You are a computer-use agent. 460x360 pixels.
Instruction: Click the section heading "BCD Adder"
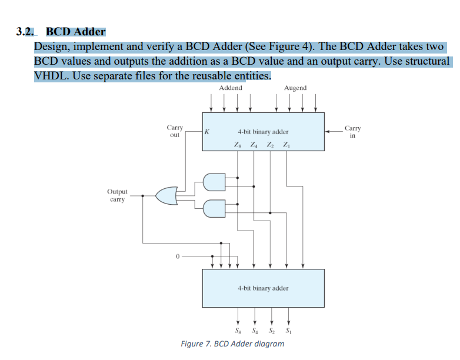(x=75, y=32)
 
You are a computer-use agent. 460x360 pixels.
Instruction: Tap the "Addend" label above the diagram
(x=230, y=88)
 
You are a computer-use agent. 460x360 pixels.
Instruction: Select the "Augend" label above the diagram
(x=295, y=88)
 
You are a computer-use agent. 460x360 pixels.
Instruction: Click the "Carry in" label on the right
(x=352, y=131)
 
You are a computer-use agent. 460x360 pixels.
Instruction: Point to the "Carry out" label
(x=175, y=131)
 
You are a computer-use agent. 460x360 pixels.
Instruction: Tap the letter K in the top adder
(x=207, y=132)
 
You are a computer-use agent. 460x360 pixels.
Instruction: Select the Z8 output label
(x=237, y=145)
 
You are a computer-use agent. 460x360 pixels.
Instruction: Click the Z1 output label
(x=286, y=145)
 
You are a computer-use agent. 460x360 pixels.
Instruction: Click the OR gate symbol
(x=166, y=195)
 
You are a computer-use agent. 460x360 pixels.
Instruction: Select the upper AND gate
(x=214, y=182)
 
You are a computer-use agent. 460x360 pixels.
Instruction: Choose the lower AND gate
(x=214, y=208)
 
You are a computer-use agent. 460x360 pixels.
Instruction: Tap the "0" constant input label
(x=176, y=257)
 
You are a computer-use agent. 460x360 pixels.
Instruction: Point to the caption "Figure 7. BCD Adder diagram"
(x=232, y=344)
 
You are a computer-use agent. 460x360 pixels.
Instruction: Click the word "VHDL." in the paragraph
(x=52, y=76)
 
